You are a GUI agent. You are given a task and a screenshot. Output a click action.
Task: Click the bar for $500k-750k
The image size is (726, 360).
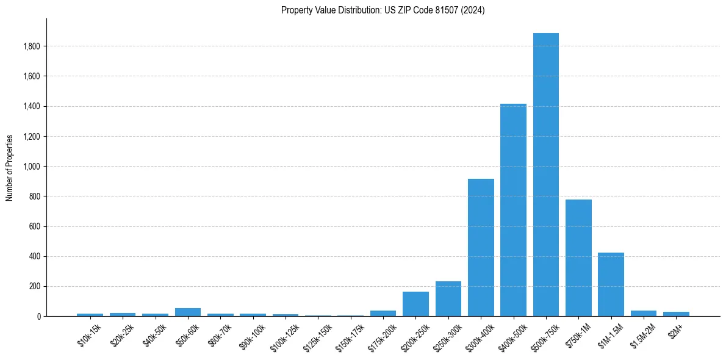545,175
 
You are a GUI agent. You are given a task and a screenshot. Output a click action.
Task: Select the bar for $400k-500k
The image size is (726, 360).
513,210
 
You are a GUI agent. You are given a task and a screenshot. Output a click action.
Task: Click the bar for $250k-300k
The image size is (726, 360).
448,299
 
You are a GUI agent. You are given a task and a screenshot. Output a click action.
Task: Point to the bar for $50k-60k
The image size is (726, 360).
188,312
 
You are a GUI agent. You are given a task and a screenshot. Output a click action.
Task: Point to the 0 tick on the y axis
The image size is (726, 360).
39,317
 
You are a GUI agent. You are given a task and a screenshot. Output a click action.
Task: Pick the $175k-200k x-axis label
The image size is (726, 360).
382,336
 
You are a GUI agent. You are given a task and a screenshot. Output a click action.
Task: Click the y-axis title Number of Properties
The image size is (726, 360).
10,167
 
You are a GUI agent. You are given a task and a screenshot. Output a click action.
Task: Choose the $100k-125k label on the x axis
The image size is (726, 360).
284,336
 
